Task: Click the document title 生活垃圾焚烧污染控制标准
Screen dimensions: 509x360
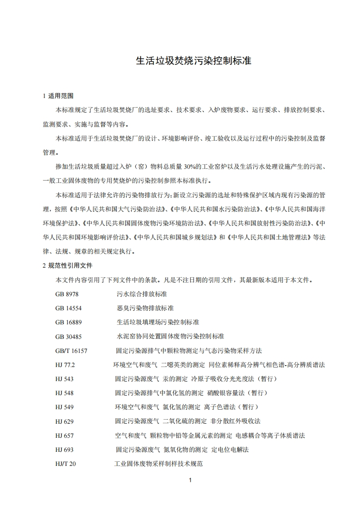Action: tap(194, 61)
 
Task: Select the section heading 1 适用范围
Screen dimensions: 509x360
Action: tap(57, 96)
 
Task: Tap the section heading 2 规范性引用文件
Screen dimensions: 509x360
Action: tap(67, 265)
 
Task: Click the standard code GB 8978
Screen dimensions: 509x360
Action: tap(67, 294)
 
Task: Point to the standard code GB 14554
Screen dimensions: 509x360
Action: tap(69, 308)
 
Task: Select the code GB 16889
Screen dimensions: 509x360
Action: tap(69, 322)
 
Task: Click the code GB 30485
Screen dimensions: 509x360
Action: tap(69, 336)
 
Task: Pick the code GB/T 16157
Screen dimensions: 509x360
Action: tap(71, 351)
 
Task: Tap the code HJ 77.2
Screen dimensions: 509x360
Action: tap(65, 365)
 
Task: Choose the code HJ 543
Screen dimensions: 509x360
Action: tap(64, 379)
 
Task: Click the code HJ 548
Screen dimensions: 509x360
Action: tap(64, 393)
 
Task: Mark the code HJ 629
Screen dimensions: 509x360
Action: tap(64, 421)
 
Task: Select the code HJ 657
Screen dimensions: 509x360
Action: tap(64, 436)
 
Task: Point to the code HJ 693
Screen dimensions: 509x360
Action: tap(64, 450)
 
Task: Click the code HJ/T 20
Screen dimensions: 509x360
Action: tap(65, 464)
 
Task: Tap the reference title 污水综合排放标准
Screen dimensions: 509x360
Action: tap(142, 294)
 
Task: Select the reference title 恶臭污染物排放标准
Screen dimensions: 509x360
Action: tap(145, 308)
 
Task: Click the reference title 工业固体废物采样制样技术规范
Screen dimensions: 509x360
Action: tap(158, 464)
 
